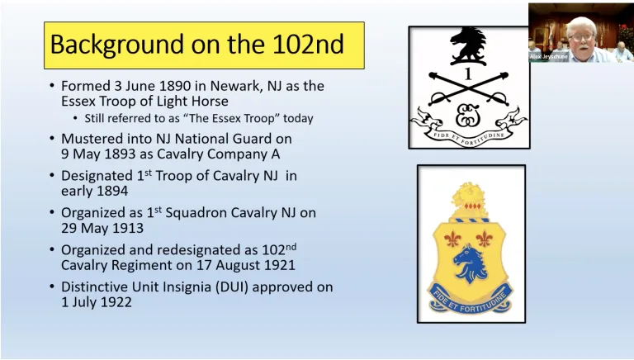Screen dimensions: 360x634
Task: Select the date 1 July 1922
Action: (97, 302)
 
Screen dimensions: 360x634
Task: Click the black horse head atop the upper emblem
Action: (468, 45)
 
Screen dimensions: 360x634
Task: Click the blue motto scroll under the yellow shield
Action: (470, 298)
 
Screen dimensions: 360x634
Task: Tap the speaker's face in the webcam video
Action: (580, 32)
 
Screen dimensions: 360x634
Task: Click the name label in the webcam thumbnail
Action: (549, 57)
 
